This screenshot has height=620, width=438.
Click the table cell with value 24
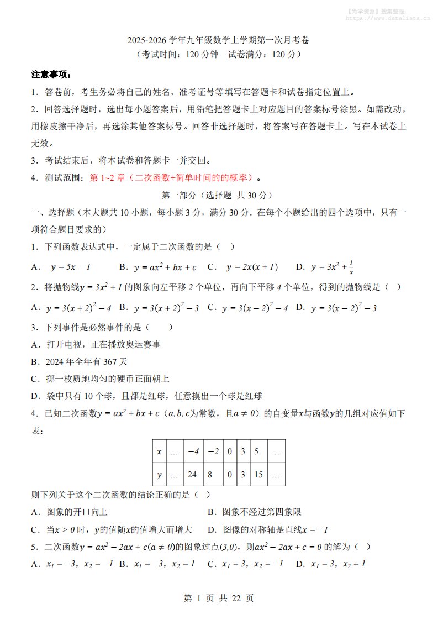pos(192,475)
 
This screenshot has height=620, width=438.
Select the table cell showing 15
pos(257,475)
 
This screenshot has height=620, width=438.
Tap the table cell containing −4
pos(192,451)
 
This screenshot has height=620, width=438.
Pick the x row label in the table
pos(159,451)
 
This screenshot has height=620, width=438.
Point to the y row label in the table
pos(159,475)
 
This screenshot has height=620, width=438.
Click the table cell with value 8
pos(213,475)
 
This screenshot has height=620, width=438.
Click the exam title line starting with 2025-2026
pos(218,40)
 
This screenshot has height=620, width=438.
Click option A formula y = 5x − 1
pos(70,267)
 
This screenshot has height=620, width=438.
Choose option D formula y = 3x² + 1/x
pos(331,267)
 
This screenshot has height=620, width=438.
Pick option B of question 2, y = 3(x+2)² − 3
pos(166,307)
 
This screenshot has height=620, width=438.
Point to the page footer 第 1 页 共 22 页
pos(218,598)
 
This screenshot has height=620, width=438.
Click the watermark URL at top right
pos(388,18)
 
